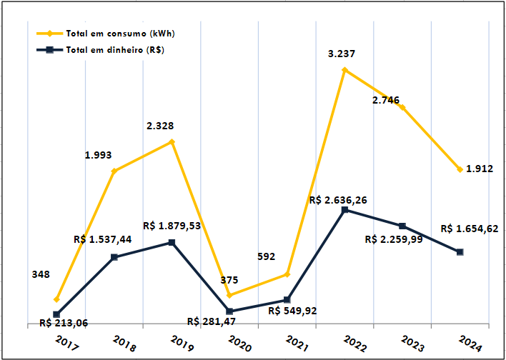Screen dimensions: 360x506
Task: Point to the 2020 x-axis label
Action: [239, 344]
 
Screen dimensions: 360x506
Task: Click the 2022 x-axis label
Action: [355, 344]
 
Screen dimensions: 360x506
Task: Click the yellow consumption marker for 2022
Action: [344, 70]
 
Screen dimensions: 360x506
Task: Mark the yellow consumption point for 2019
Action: [172, 142]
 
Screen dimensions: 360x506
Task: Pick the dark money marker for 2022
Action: [344, 209]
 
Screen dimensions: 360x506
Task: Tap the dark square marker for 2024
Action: [460, 252]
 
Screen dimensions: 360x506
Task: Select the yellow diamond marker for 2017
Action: [56, 299]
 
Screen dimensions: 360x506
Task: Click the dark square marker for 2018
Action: [114, 257]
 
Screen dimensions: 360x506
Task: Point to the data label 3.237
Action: [342, 54]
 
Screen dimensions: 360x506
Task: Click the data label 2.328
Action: [160, 126]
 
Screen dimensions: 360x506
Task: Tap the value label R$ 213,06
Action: [64, 323]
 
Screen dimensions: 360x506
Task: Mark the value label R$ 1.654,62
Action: [470, 229]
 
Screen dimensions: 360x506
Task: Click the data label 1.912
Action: [480, 169]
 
